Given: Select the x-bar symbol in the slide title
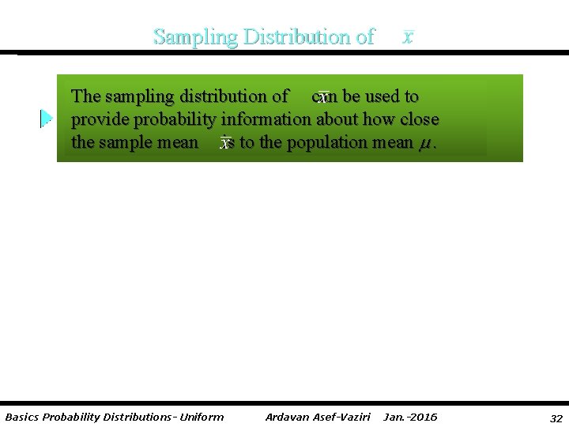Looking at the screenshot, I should [407, 37].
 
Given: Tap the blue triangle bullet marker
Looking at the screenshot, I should [47, 119].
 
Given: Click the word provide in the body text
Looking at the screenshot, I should [97, 120].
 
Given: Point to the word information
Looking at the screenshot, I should [266, 119].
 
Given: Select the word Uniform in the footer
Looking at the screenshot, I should [202, 417].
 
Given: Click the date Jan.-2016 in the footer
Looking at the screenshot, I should [410, 417].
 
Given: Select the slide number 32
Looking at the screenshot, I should [556, 418].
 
